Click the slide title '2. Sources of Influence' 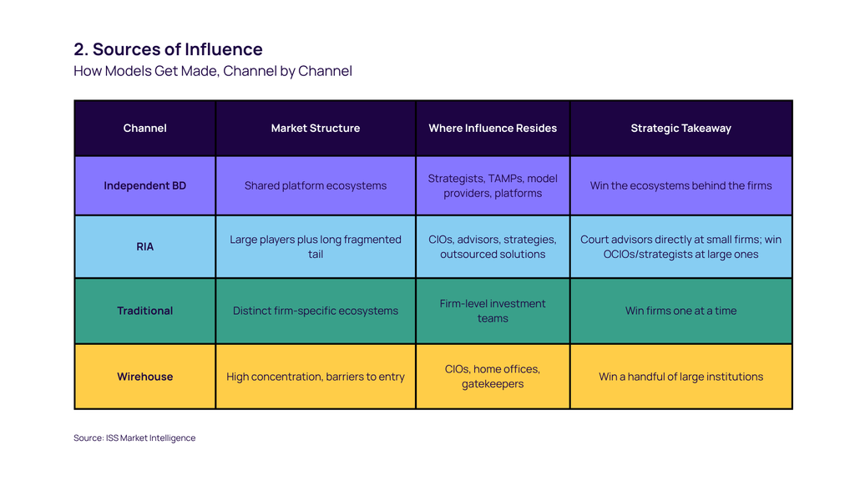click(x=168, y=49)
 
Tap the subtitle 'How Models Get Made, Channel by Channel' click(x=213, y=71)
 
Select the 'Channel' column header click(x=144, y=128)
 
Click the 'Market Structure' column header click(x=315, y=128)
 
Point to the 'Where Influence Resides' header click(x=493, y=128)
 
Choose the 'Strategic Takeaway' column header click(x=680, y=128)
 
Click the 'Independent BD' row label click(x=144, y=185)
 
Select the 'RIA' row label click(x=144, y=246)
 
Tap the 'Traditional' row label click(x=144, y=311)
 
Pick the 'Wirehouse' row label click(x=144, y=377)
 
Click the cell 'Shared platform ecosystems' click(x=315, y=185)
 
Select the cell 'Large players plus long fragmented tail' click(x=315, y=246)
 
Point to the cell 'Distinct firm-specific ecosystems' click(x=315, y=311)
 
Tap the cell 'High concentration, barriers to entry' click(x=315, y=377)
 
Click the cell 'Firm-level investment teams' click(x=493, y=311)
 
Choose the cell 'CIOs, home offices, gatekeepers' click(x=493, y=377)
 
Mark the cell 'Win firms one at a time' click(x=680, y=311)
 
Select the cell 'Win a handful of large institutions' click(x=680, y=377)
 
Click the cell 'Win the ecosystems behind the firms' click(x=680, y=185)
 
